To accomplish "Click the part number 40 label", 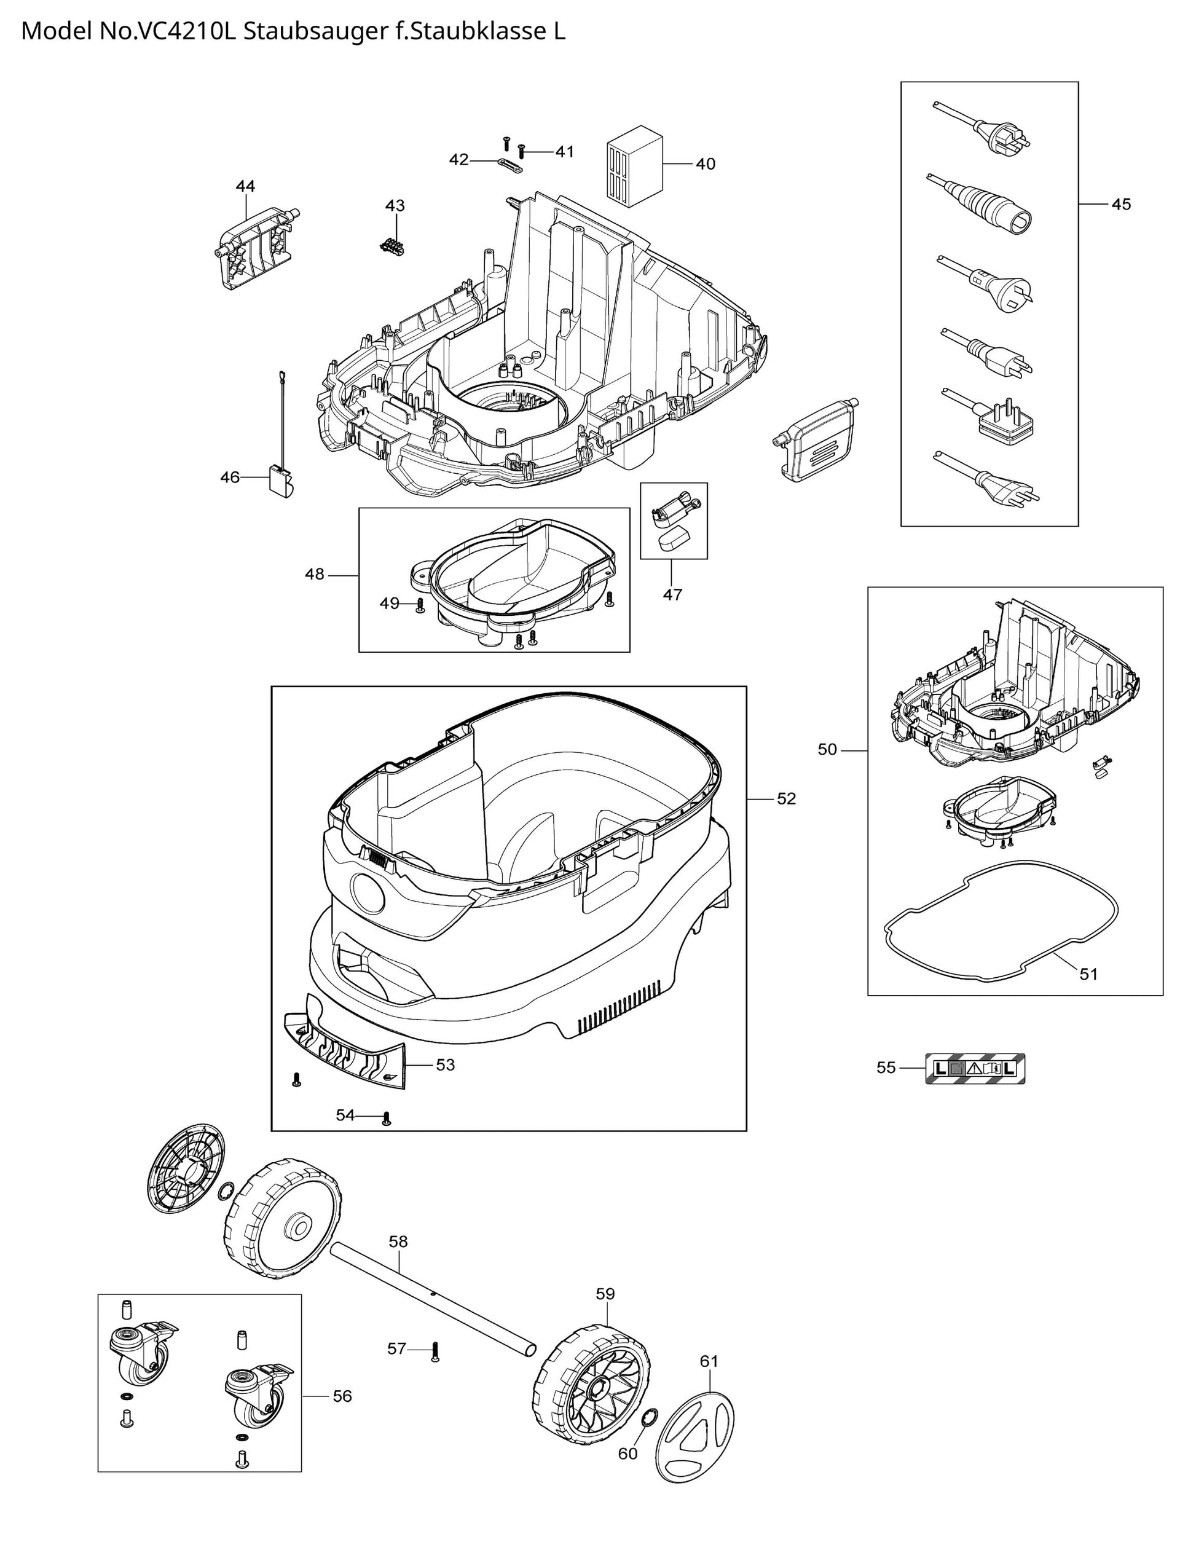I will pyautogui.click(x=705, y=163).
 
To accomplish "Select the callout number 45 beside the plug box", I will pyautogui.click(x=1121, y=204).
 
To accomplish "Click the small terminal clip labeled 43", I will pyautogui.click(x=391, y=244).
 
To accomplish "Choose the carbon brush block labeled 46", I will pyautogui.click(x=280, y=482).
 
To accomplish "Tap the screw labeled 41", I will pyautogui.click(x=521, y=151).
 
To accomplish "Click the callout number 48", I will pyautogui.click(x=314, y=573).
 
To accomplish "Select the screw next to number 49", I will pyautogui.click(x=420, y=605).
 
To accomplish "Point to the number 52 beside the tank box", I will pyautogui.click(x=786, y=798).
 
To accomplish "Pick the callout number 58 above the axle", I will pyautogui.click(x=398, y=1241).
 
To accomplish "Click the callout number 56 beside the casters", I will pyautogui.click(x=342, y=1396).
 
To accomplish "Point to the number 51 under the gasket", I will pyautogui.click(x=1088, y=974).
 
